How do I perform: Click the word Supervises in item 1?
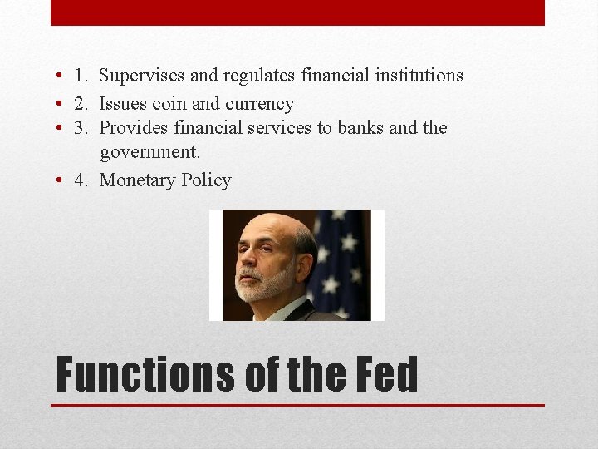tap(142, 76)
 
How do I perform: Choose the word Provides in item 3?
tap(134, 128)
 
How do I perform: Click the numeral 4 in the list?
tap(80, 180)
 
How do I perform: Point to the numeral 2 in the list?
tap(80, 104)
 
